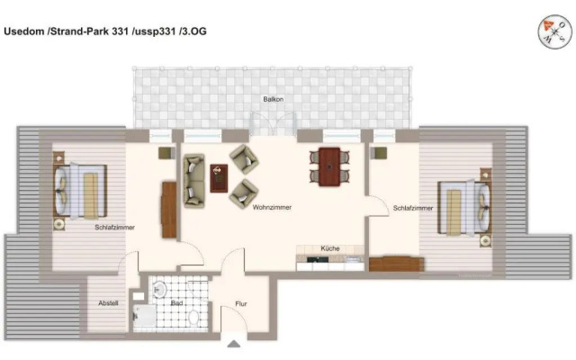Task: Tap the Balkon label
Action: click(x=273, y=99)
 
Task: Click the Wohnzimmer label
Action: click(x=272, y=207)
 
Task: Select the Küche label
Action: click(x=329, y=247)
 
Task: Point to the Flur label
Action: click(x=241, y=304)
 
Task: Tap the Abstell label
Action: click(x=108, y=303)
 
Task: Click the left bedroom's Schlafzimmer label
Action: click(x=114, y=227)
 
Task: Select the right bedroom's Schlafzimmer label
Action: click(x=413, y=208)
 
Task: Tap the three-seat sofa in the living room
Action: click(x=193, y=177)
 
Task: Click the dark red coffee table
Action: click(x=219, y=176)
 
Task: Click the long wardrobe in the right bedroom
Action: click(x=395, y=263)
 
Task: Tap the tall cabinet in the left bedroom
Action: click(x=168, y=209)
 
